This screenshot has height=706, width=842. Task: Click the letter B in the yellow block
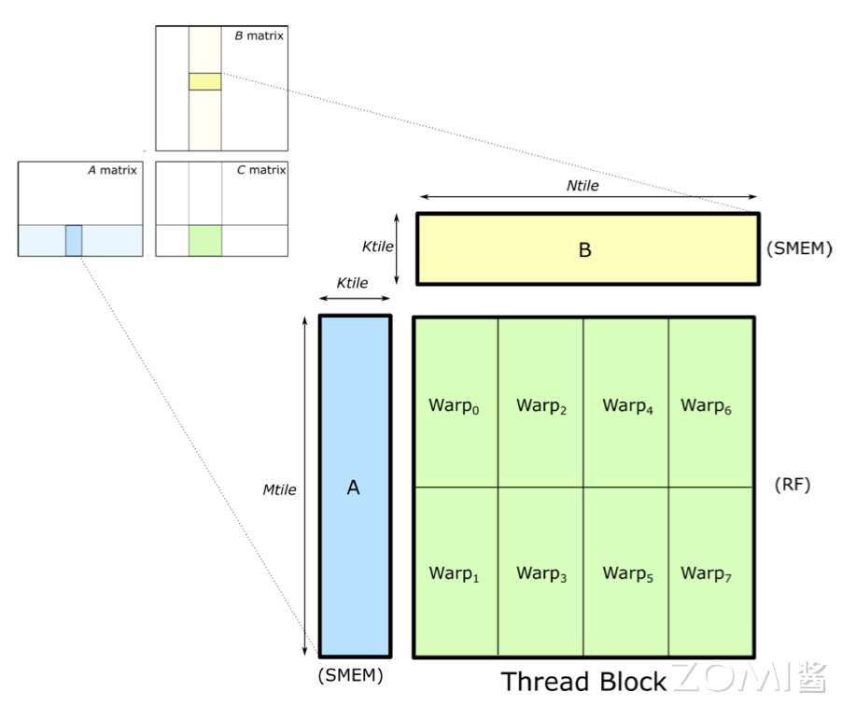[585, 249]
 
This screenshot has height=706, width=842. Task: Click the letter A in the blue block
[353, 487]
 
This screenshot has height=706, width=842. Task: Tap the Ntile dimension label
[582, 186]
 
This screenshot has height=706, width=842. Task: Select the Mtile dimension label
[279, 489]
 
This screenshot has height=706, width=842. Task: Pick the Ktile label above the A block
[352, 283]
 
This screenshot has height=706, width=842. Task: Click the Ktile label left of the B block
[377, 247]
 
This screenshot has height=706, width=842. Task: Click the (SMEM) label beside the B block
[798, 249]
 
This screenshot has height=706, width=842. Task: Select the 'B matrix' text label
[259, 35]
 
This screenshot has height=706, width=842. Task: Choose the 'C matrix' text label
[260, 170]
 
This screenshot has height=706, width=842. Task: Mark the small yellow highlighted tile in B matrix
[204, 81]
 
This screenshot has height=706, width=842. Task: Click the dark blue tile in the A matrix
[74, 240]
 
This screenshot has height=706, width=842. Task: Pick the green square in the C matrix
[204, 240]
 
